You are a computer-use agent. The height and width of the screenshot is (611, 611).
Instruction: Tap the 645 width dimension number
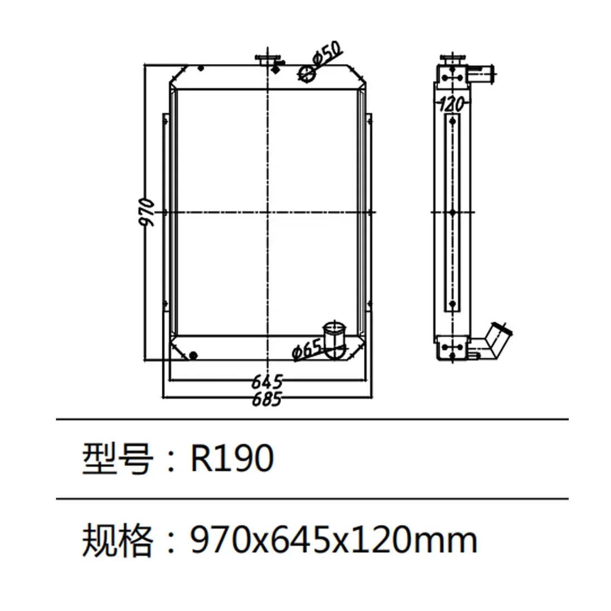267,382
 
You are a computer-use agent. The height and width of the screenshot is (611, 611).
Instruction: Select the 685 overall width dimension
267,399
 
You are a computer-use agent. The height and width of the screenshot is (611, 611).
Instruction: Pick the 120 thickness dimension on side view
452,104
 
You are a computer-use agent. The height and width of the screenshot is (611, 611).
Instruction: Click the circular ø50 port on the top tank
306,73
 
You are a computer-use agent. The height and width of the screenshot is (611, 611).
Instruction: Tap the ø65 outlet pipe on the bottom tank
334,339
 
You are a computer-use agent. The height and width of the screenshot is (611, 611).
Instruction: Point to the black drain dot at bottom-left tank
193,355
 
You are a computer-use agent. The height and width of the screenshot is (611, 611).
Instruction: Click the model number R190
232,459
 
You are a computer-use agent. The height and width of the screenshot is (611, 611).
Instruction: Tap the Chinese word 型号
117,459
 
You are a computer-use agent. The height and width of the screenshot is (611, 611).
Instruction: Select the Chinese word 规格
117,540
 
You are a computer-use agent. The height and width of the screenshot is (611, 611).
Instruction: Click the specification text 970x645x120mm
334,540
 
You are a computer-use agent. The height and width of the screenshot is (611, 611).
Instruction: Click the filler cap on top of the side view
452,60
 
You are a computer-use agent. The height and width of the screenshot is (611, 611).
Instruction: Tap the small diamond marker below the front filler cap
275,70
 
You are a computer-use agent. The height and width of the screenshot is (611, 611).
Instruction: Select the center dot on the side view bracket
453,213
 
